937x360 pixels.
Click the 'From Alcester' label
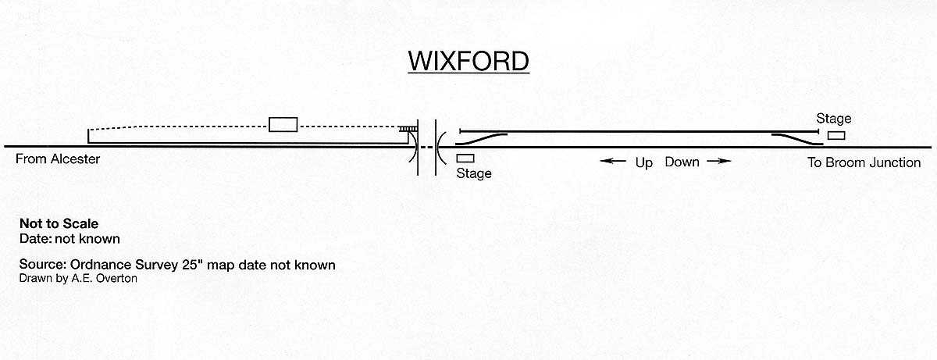(58, 161)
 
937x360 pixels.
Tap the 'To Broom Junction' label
(864, 163)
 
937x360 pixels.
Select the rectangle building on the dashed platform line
(283, 124)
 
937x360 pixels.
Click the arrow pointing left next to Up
(613, 162)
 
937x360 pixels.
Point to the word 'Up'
(643, 163)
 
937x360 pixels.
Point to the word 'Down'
(682, 162)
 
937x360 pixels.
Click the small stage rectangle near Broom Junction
(835, 136)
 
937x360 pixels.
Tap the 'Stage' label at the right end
(833, 119)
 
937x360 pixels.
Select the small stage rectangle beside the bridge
(465, 159)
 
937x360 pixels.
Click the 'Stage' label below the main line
(474, 173)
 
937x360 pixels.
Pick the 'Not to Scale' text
(59, 223)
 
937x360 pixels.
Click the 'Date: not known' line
(69, 237)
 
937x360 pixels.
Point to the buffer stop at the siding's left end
(461, 130)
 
